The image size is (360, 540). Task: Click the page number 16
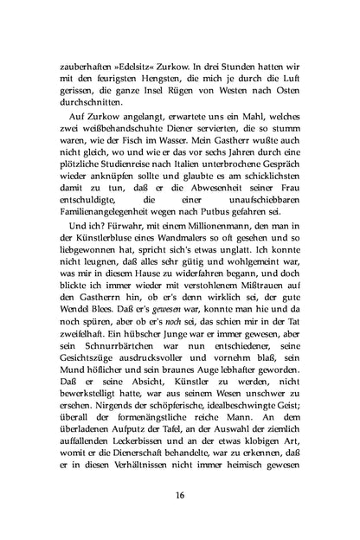(180, 494)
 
